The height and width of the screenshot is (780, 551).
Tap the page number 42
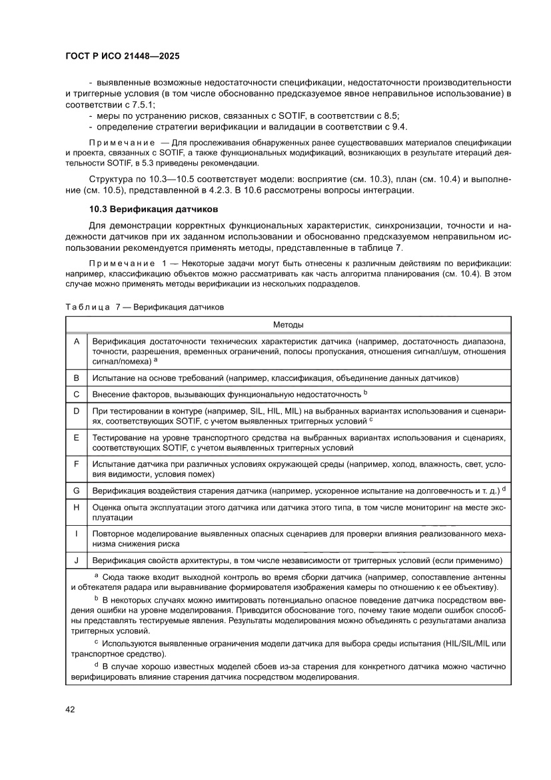pyautogui.click(x=69, y=709)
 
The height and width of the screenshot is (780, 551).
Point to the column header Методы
pyautogui.click(x=288, y=324)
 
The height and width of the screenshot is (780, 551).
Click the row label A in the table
pyautogui.click(x=77, y=341)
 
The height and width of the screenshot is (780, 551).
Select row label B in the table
pyautogui.click(x=77, y=378)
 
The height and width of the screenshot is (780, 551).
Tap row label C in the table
pyautogui.click(x=77, y=394)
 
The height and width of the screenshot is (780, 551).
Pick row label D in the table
pyautogui.click(x=77, y=411)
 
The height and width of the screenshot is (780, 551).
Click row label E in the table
pyautogui.click(x=77, y=437)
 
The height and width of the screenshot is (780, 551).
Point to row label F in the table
pyautogui.click(x=77, y=464)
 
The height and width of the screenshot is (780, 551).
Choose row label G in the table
pyautogui.click(x=77, y=490)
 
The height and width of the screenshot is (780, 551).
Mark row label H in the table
pyautogui.click(x=77, y=507)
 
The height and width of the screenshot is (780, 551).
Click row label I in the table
pyautogui.click(x=77, y=534)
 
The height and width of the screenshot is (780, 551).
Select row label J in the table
pyautogui.click(x=77, y=560)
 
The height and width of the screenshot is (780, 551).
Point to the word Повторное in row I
pyautogui.click(x=113, y=534)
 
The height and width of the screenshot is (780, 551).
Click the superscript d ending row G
pyautogui.click(x=504, y=489)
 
